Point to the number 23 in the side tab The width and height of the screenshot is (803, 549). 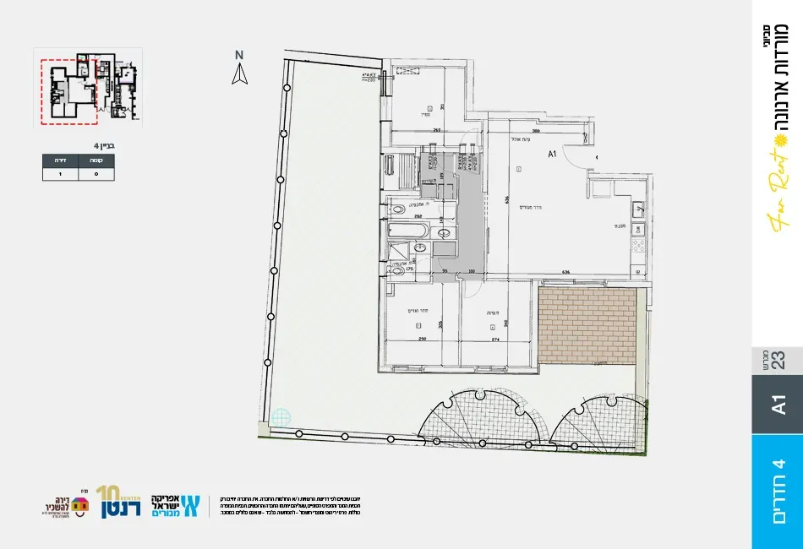point(778,361)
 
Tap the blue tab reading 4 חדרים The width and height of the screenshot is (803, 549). point(778,491)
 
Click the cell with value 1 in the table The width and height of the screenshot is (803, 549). point(60,175)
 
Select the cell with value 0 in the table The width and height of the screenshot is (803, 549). point(96,175)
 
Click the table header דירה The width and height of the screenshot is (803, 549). point(60,160)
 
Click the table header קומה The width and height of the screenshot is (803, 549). point(96,160)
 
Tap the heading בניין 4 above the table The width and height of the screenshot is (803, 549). point(104,145)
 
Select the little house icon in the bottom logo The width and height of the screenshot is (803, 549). point(80,504)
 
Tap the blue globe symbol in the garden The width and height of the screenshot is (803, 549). point(281,416)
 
